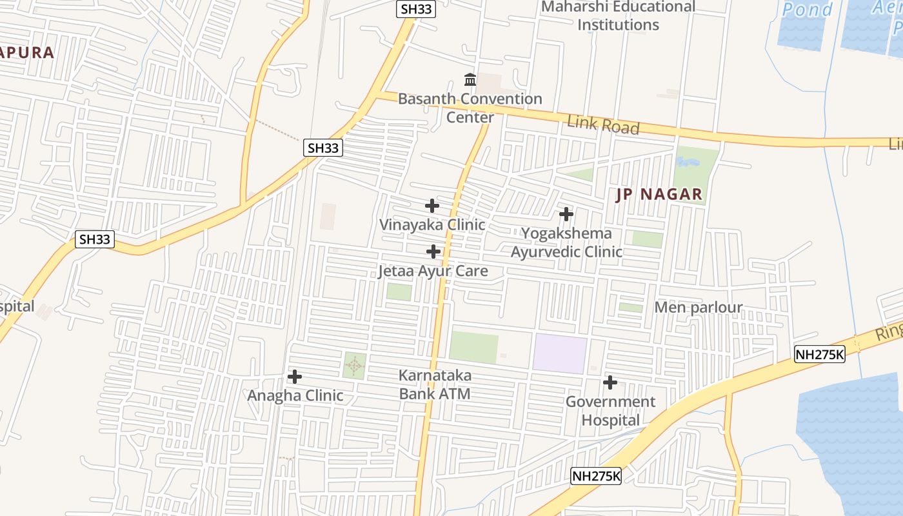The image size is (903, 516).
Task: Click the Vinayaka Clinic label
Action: pyautogui.click(x=432, y=225)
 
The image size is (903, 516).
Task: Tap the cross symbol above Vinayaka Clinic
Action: pyautogui.click(x=432, y=206)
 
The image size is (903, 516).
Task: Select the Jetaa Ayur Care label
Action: pyautogui.click(x=432, y=271)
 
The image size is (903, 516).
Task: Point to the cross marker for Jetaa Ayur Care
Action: pyautogui.click(x=433, y=251)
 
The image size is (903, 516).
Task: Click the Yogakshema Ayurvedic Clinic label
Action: pyautogui.click(x=566, y=243)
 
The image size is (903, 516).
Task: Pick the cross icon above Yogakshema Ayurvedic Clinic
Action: pyautogui.click(x=566, y=213)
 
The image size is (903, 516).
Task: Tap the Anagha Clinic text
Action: pyautogui.click(x=295, y=395)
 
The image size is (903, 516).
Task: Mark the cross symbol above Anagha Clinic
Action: pyautogui.click(x=295, y=376)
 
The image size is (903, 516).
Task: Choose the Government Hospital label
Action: pyautogui.click(x=610, y=411)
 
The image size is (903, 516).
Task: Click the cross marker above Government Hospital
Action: pyautogui.click(x=610, y=382)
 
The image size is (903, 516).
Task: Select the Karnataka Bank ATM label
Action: pyautogui.click(x=435, y=384)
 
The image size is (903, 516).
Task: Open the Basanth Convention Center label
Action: pyautogui.click(x=470, y=108)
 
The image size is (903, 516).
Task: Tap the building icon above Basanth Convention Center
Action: pyautogui.click(x=470, y=80)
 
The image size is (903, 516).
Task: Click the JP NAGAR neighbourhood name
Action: pyautogui.click(x=659, y=194)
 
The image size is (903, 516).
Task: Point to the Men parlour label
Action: pyautogui.click(x=699, y=308)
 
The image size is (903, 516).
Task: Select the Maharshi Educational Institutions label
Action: pyautogui.click(x=618, y=16)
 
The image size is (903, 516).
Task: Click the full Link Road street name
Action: pyautogui.click(x=603, y=125)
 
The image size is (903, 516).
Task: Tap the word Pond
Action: pyautogui.click(x=808, y=10)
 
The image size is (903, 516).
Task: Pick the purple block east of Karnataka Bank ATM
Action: pyautogui.click(x=559, y=353)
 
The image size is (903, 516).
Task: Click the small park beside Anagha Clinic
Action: pyautogui.click(x=354, y=365)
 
